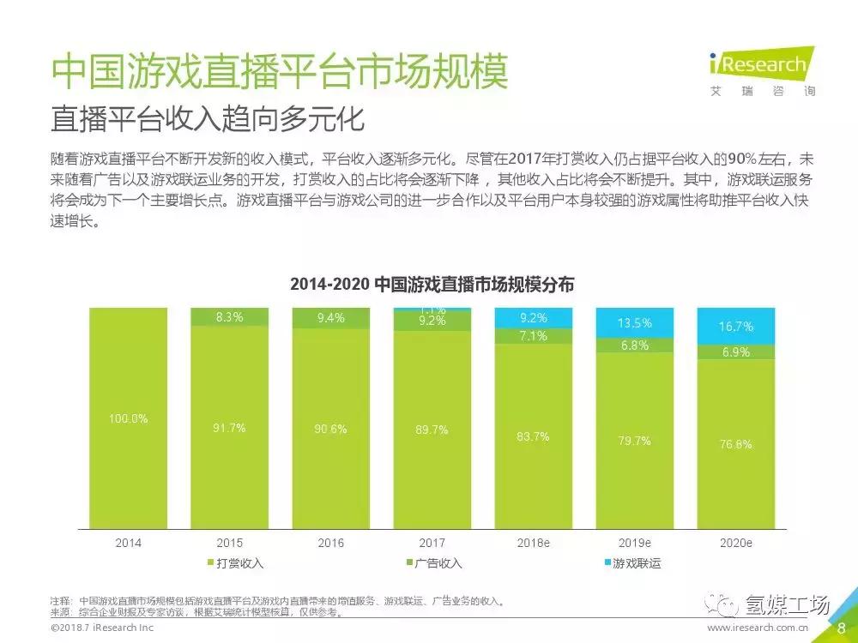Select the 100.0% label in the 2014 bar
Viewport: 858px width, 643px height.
[129, 419]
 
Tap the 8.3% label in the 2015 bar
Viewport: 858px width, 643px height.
[229, 317]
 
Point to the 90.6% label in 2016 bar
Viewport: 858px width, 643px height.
[330, 429]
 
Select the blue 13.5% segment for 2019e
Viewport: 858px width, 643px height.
[635, 323]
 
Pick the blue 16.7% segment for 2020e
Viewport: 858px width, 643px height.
[736, 327]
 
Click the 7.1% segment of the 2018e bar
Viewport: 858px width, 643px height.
[533, 336]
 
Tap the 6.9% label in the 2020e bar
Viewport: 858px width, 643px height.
[736, 352]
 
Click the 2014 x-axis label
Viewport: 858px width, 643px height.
[129, 544]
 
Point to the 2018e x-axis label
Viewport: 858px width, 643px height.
[533, 544]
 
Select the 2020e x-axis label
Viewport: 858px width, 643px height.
[736, 544]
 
